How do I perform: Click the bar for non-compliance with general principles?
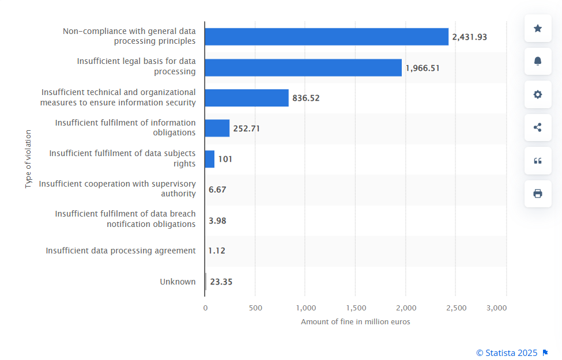[x=326, y=37]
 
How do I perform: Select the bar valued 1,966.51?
[x=303, y=67]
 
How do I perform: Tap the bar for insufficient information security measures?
[x=247, y=98]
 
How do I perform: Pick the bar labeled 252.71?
[x=217, y=128]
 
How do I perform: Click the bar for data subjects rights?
[x=210, y=159]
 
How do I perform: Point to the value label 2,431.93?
[x=469, y=37]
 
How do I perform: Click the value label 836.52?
[x=305, y=98]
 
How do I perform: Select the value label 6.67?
[x=217, y=190]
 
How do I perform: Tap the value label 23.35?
[x=221, y=282]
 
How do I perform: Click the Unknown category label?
[x=178, y=282]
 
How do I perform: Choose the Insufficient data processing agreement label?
[x=120, y=251]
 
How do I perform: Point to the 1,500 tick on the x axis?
[x=356, y=308]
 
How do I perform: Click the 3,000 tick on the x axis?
[x=496, y=308]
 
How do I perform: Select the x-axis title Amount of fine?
[x=355, y=321]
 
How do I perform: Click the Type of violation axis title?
[x=28, y=158]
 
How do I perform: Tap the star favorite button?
[x=538, y=28]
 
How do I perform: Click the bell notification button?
[x=538, y=61]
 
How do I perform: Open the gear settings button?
[x=538, y=94]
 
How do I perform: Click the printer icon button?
[x=538, y=194]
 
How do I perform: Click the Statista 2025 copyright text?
[x=507, y=353]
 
